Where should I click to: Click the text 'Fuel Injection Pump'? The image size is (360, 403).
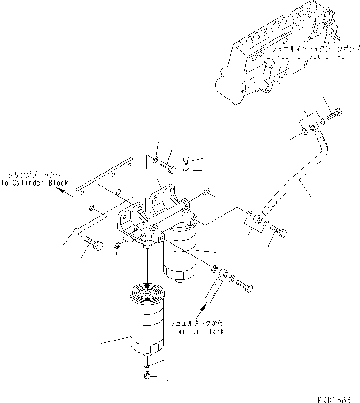pyautogui.click(x=311, y=57)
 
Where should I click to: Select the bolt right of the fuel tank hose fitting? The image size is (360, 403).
pyautogui.click(x=245, y=286)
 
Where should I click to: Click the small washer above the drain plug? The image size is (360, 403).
pyautogui.click(x=147, y=366)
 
